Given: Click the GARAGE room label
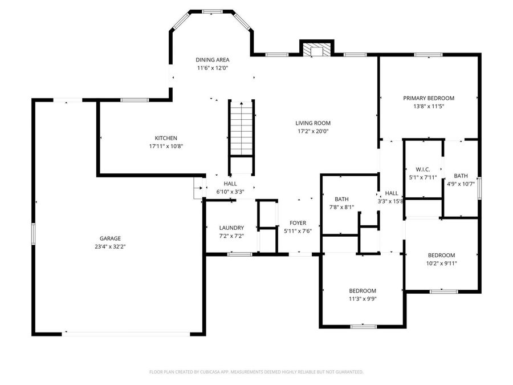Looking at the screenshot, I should coord(110,238).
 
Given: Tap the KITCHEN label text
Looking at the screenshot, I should coord(166,138).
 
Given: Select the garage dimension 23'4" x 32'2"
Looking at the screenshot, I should coord(110,246).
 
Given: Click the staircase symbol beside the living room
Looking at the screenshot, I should coord(242,128).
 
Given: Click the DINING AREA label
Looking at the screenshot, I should coord(212,59).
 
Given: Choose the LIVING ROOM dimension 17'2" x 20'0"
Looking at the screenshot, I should coord(312,131).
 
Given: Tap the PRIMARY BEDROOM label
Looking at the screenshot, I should coord(429,98).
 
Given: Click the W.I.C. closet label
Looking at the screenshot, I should coord(423,169).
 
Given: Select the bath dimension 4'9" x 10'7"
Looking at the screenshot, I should coord(461,184).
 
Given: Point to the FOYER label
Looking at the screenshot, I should coord(298,223).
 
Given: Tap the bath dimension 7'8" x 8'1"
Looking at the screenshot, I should coord(341,207).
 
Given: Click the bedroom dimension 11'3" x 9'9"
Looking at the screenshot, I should coord(363,298).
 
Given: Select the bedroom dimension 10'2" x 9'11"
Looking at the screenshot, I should coord(442,263).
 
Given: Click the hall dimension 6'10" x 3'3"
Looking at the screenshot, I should coord(230,192).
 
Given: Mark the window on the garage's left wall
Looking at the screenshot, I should coord(34,234).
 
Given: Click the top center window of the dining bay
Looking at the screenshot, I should coord(212,11).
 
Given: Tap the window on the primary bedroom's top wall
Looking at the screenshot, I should coord(429,55).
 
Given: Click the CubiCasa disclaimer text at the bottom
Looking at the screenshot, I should coord(256,372).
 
